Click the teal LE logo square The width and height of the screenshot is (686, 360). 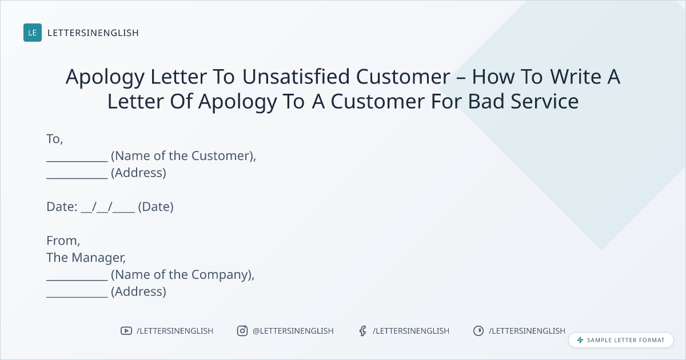pyautogui.click(x=33, y=33)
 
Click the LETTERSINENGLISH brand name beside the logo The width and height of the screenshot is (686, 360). pyautogui.click(x=93, y=33)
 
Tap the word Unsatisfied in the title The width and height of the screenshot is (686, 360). pyautogui.click(x=296, y=76)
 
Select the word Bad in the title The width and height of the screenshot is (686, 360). pyautogui.click(x=486, y=101)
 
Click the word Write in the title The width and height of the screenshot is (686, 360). pyautogui.click(x=576, y=76)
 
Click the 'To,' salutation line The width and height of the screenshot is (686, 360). pyautogui.click(x=54, y=139)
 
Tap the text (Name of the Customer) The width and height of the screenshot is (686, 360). pyautogui.click(x=183, y=156)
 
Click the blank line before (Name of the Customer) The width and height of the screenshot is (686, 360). pyautogui.click(x=77, y=161)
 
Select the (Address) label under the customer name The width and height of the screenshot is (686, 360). pyautogui.click(x=138, y=173)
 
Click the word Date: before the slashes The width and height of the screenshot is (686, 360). pyautogui.click(x=62, y=207)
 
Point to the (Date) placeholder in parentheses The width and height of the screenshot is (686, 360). pyautogui.click(x=156, y=207)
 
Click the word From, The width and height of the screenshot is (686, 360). pyautogui.click(x=63, y=241)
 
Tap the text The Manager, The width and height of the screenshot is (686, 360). pyautogui.click(x=86, y=258)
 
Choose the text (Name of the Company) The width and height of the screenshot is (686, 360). pyautogui.click(x=182, y=275)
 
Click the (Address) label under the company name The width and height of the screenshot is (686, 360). pyautogui.click(x=138, y=292)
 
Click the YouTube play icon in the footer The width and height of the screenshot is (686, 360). pyautogui.click(x=126, y=331)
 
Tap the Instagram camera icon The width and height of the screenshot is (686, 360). pyautogui.click(x=242, y=331)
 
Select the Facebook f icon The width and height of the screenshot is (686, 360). pyautogui.click(x=363, y=331)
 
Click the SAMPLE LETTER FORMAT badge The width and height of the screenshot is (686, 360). pyautogui.click(x=621, y=340)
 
